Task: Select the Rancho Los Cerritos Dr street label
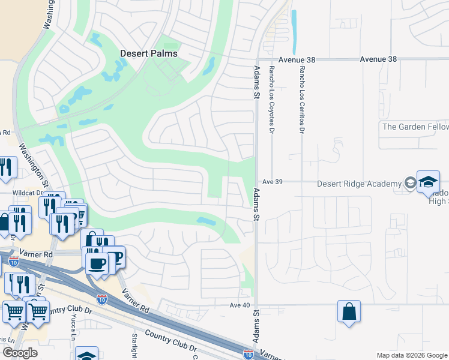[302, 100]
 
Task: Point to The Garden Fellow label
[415, 127]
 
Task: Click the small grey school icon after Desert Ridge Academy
[410, 183]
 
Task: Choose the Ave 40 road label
[239, 305]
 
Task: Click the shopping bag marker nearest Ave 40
[349, 312]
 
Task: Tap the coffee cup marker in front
[97, 263]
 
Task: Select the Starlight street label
[134, 344]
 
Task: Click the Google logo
[20, 353]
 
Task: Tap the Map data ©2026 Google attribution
[411, 355]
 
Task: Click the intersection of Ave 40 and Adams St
[256, 305]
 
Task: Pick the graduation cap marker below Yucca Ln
[87, 355]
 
